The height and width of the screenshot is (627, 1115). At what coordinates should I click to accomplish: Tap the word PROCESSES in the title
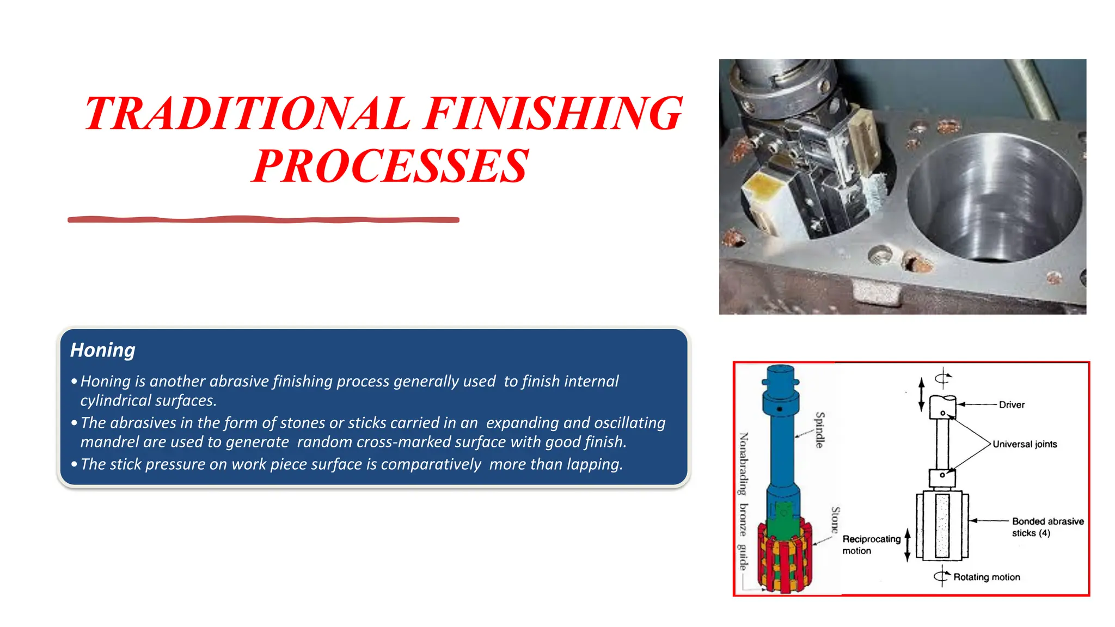tap(390, 166)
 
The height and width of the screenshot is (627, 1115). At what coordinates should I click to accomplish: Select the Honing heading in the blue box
tap(102, 350)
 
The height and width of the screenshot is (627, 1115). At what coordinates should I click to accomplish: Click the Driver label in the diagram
tap(1012, 405)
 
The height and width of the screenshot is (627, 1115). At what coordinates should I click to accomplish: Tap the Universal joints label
tap(1025, 444)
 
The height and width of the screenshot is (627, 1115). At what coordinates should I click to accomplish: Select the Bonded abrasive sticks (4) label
tap(1047, 527)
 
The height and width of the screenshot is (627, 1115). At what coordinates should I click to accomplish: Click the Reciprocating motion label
tap(871, 545)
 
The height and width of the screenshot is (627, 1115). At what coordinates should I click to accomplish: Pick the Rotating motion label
tap(987, 577)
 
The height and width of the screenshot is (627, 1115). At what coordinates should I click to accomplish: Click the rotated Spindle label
tap(819, 430)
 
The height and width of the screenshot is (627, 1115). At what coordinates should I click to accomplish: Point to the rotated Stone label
tap(835, 520)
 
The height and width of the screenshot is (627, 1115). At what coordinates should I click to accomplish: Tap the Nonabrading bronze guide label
tap(743, 501)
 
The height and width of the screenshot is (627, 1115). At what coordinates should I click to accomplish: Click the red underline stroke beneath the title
tap(263, 219)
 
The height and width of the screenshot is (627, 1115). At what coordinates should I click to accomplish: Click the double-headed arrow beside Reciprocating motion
tap(908, 545)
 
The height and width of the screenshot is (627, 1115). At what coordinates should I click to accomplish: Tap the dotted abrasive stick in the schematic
tap(942, 526)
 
